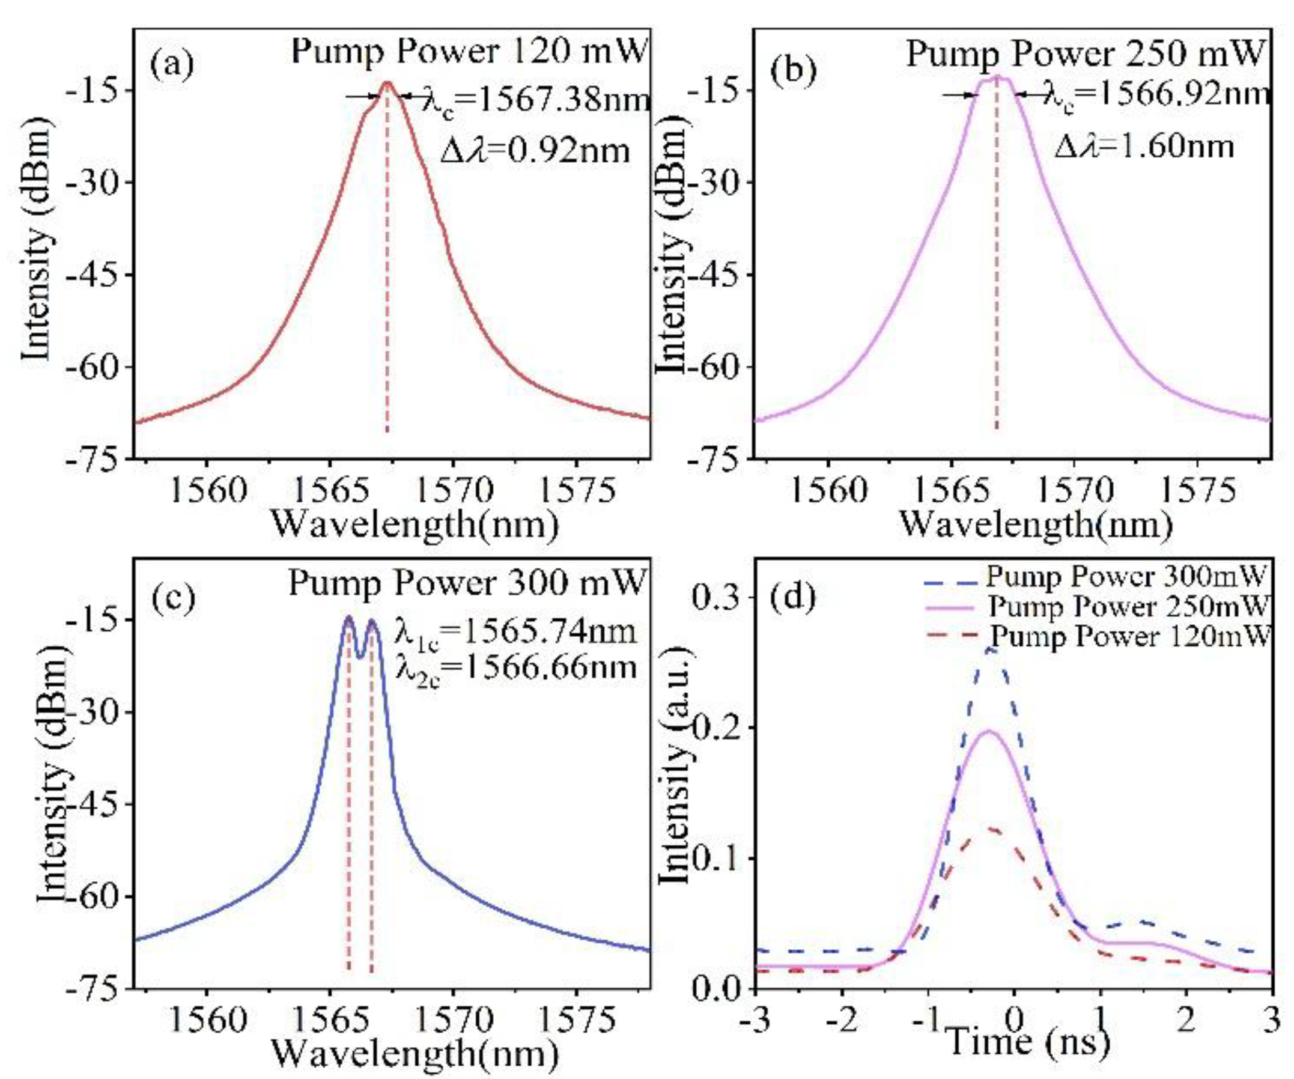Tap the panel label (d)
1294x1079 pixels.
click(x=794, y=597)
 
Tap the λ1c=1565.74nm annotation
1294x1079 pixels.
click(x=515, y=633)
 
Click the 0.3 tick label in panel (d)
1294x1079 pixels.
click(x=717, y=597)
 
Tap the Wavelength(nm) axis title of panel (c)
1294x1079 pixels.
click(x=414, y=1055)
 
